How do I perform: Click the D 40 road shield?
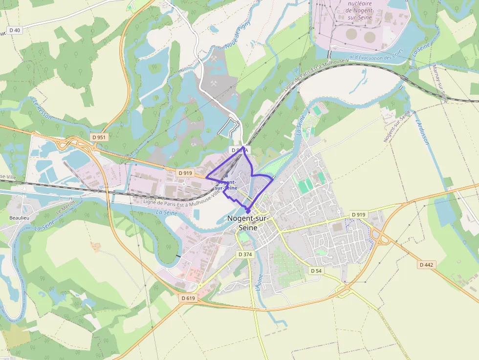click(15, 30)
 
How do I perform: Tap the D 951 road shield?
click(99, 137)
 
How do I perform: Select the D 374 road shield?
click(245, 254)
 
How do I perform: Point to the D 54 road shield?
click(316, 271)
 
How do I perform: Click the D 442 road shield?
click(426, 265)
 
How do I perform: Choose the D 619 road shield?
click(188, 298)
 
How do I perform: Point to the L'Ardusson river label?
click(422, 132)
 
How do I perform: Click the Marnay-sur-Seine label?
click(439, 84)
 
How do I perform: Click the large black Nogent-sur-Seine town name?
click(248, 223)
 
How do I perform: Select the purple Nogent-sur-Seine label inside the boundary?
click(226, 185)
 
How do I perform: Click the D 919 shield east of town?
click(359, 214)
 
